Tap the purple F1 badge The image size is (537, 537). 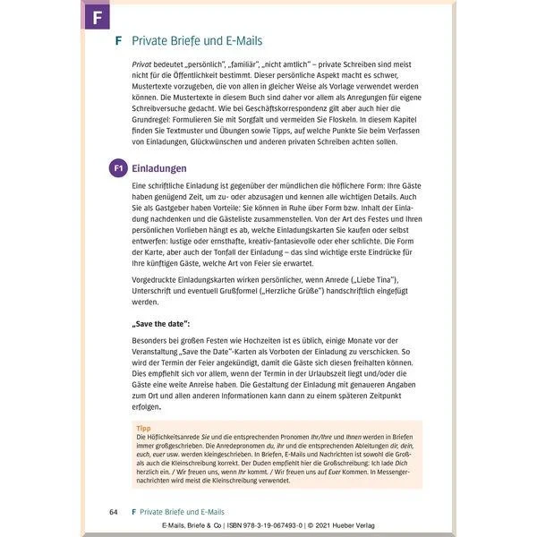(x=117, y=167)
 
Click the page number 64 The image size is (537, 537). (x=112, y=510)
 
